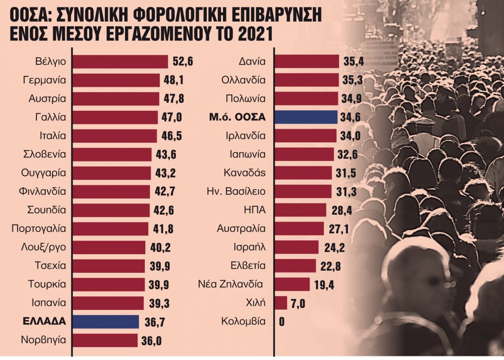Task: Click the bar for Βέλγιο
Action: [121, 62]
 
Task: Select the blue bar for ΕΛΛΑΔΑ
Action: [106, 322]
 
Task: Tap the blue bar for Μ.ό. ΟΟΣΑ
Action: [306, 117]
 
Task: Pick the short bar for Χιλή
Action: [281, 303]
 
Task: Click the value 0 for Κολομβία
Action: [282, 322]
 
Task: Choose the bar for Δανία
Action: [307, 62]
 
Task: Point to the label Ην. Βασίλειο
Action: [236, 192]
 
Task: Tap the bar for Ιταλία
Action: [115, 136]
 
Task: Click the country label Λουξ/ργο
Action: [44, 247]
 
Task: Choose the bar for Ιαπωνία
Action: [303, 155]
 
